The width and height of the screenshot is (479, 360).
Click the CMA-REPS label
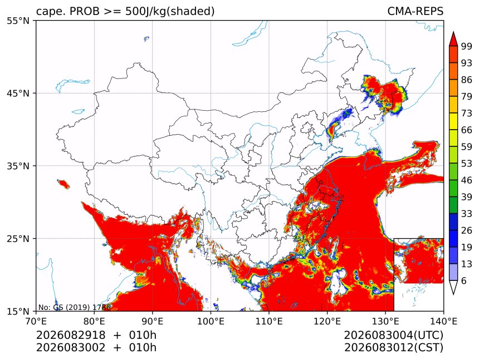[415, 11]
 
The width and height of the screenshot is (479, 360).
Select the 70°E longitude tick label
[36, 321]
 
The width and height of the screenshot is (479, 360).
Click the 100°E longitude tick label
[211, 321]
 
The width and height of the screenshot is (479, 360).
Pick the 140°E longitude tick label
[443, 321]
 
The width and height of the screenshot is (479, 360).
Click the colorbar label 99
[467, 46]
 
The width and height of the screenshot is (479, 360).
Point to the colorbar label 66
[467, 130]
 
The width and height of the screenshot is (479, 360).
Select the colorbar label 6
[464, 280]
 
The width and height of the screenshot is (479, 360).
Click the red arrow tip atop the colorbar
[453, 32]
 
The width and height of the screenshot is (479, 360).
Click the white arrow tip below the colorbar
[453, 294]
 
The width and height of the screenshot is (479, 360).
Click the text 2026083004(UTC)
[393, 335]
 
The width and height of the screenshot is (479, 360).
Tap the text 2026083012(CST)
[393, 348]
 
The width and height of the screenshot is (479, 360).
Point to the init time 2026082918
[71, 335]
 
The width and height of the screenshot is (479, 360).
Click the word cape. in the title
[50, 12]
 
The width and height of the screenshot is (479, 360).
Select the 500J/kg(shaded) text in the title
[170, 11]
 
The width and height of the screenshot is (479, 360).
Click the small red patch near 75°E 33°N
[63, 184]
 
